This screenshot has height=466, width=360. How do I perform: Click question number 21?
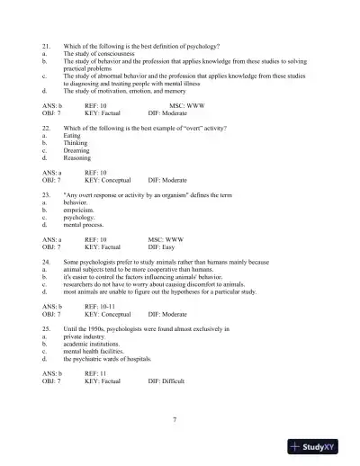click(46, 45)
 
